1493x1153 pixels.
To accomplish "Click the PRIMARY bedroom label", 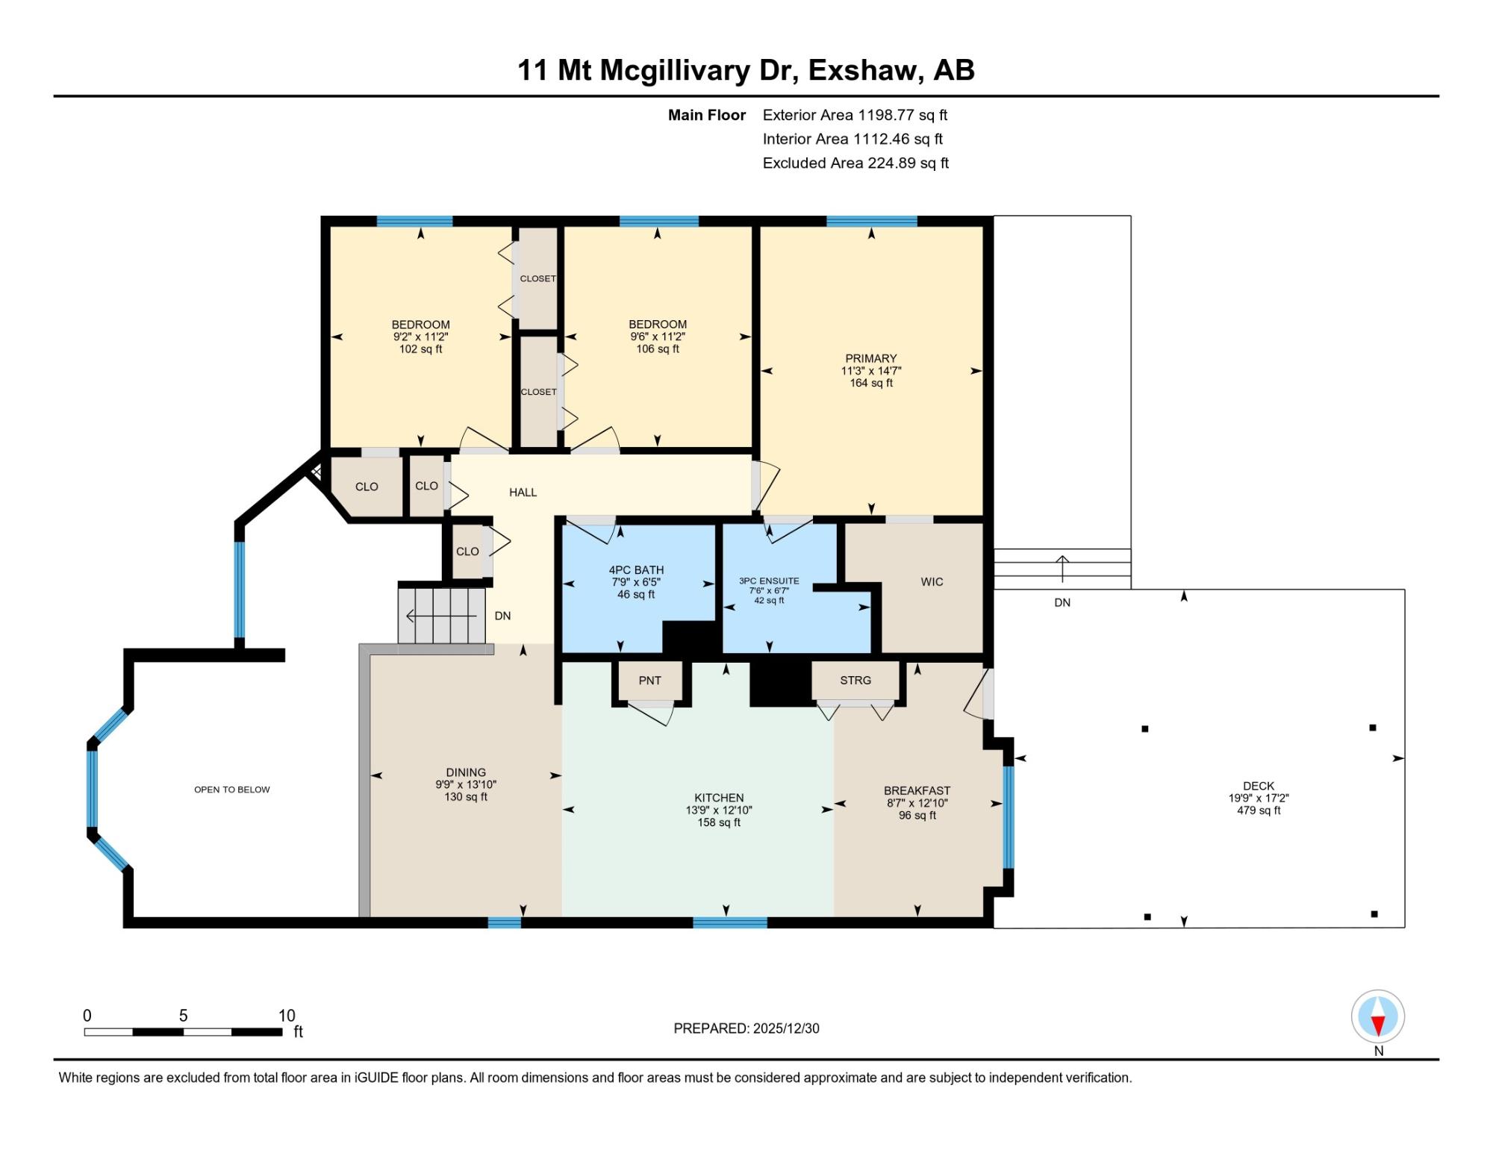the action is coord(870,358).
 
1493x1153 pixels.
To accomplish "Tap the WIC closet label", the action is coord(932,582).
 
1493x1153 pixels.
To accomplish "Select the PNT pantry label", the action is coord(649,681).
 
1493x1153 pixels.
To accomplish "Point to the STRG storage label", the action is coord(855,681).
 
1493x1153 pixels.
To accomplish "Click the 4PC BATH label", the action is coord(636,570).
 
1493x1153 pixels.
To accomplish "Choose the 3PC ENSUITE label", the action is coord(769,581).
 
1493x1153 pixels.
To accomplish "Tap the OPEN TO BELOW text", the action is coord(232,790).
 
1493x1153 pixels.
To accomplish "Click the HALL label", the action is coord(523,493).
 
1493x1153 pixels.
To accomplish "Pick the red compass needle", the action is coord(1378,1025).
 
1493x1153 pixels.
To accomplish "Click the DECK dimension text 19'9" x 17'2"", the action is coord(1259,798).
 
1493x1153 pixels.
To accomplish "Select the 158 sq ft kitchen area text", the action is coord(719,822).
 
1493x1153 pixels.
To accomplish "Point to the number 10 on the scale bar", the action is coord(287,1016).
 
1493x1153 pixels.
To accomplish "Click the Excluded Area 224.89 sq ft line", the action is coord(855,163).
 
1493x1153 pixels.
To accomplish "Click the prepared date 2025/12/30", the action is coord(786,1028).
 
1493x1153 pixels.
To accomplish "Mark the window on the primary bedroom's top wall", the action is coord(871,221).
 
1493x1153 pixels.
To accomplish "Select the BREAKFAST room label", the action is coord(917,791).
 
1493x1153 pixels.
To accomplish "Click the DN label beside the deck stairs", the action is coord(1062,602).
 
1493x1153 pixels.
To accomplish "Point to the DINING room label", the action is coord(466,772).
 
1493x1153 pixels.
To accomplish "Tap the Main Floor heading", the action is coord(707,115).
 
